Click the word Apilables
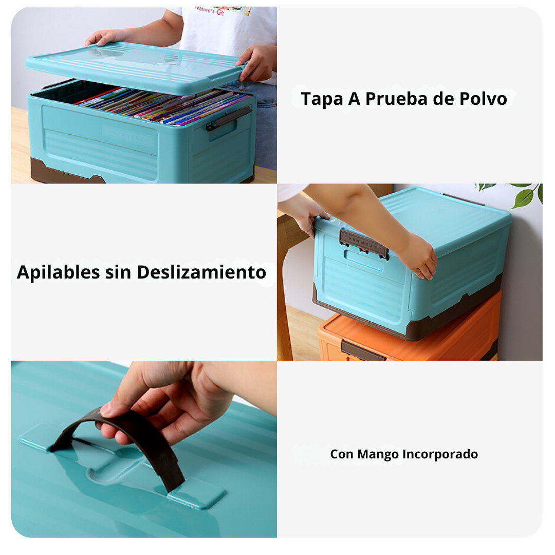[58, 272]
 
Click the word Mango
[378, 454]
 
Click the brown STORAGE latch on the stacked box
[363, 243]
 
